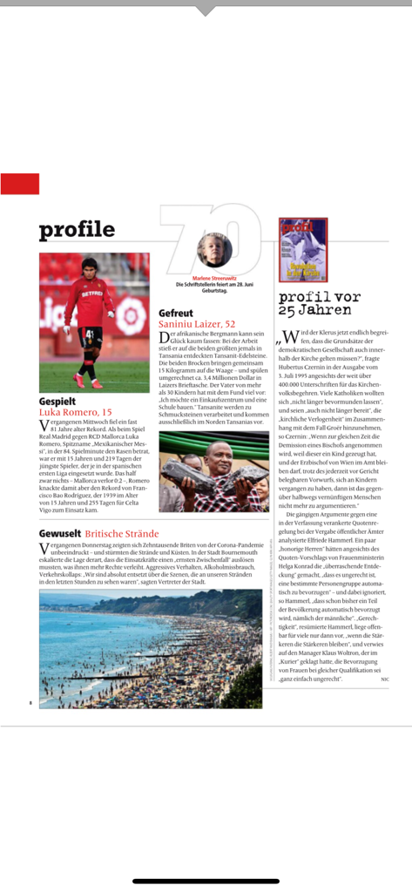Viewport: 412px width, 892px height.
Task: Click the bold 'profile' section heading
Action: pyautogui.click(x=77, y=230)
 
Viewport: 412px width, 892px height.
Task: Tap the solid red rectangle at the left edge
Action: pyautogui.click(x=19, y=184)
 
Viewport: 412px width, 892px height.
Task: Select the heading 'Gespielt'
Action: pyautogui.click(x=57, y=401)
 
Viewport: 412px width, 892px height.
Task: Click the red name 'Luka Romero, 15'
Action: pyautogui.click(x=75, y=412)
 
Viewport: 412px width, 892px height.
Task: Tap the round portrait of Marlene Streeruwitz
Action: pyautogui.click(x=214, y=250)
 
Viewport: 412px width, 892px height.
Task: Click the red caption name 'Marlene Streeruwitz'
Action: pyautogui.click(x=213, y=279)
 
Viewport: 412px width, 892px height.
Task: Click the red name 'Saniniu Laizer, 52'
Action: pyautogui.click(x=197, y=324)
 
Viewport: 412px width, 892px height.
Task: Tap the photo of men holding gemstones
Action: pyautogui.click(x=213, y=471)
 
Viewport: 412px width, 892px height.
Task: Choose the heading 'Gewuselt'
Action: pyautogui.click(x=59, y=532)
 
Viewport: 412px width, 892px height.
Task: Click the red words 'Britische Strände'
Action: pyautogui.click(x=121, y=532)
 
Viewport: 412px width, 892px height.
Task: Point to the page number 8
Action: pyautogui.click(x=30, y=702)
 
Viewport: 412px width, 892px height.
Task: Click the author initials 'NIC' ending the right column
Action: pyautogui.click(x=384, y=679)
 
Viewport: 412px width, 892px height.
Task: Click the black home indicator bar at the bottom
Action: pyautogui.click(x=206, y=881)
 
